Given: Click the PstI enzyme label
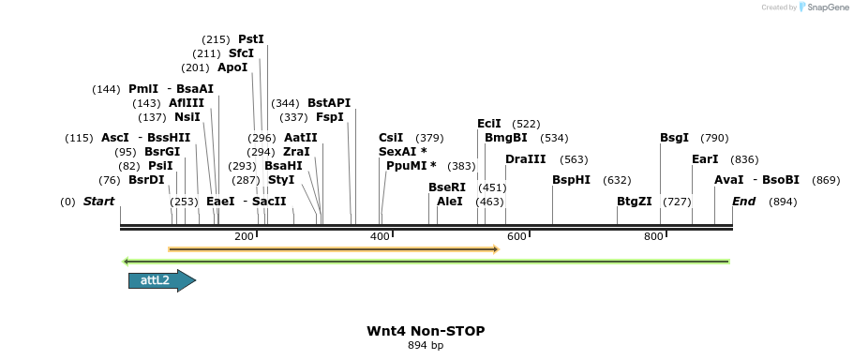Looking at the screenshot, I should (251, 39).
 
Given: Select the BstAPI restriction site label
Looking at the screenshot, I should (329, 103).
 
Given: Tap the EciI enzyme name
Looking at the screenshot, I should (489, 124).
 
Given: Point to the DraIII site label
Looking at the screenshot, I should (525, 159).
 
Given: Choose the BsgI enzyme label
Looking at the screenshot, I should (674, 138).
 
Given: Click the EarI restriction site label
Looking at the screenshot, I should (705, 159).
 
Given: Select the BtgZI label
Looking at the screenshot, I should (634, 202).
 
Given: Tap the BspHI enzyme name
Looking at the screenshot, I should (571, 180).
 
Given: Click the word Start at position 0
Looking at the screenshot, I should (98, 202).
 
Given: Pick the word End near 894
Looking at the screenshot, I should (743, 202).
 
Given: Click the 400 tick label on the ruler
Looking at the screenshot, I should (380, 236).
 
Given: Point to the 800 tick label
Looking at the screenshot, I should (653, 236).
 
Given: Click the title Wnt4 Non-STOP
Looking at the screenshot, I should (426, 331).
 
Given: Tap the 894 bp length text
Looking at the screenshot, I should (426, 345).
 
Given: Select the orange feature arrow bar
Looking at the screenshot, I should (333, 249).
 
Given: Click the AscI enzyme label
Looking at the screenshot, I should (115, 138).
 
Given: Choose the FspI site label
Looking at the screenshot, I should (330, 117).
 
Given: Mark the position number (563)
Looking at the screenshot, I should (575, 159).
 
